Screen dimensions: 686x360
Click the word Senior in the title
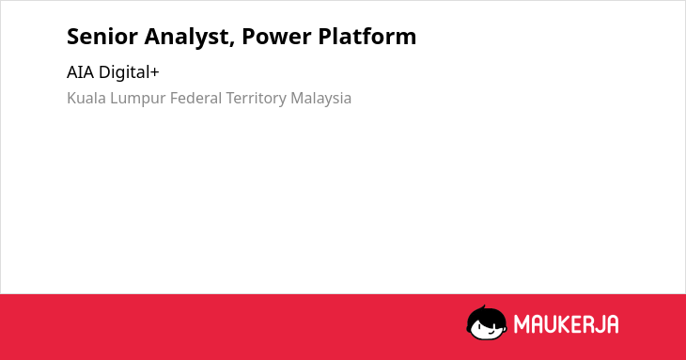(x=101, y=37)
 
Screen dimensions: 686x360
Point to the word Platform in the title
(x=367, y=37)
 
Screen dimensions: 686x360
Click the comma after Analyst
(x=231, y=44)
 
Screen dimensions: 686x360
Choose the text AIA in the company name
(x=80, y=72)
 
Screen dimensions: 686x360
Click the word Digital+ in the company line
(x=129, y=72)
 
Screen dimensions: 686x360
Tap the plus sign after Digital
(x=154, y=72)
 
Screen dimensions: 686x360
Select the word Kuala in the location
(x=86, y=98)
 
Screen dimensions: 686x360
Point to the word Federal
(x=195, y=98)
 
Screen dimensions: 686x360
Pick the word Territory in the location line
(x=256, y=100)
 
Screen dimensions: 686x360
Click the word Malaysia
(x=320, y=100)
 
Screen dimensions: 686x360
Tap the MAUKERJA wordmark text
(x=566, y=324)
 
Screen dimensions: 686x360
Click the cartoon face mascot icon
(x=487, y=322)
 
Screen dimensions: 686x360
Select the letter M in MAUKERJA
(x=521, y=324)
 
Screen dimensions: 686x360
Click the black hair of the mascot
(x=486, y=314)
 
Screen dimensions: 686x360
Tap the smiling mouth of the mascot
(x=491, y=333)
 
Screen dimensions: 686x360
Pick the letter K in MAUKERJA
(x=561, y=324)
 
